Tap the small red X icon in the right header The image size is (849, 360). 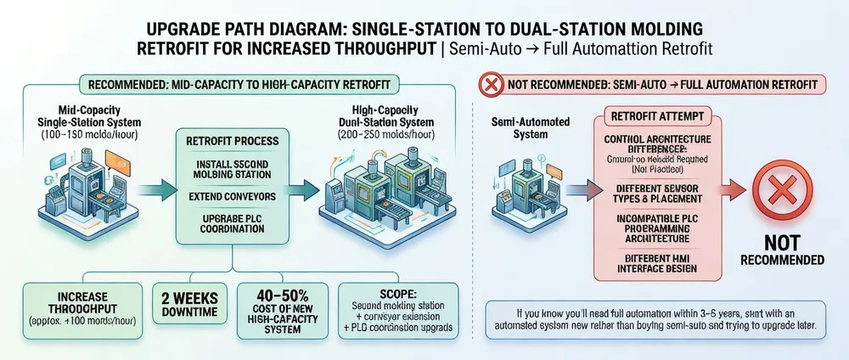[x=491, y=85]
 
